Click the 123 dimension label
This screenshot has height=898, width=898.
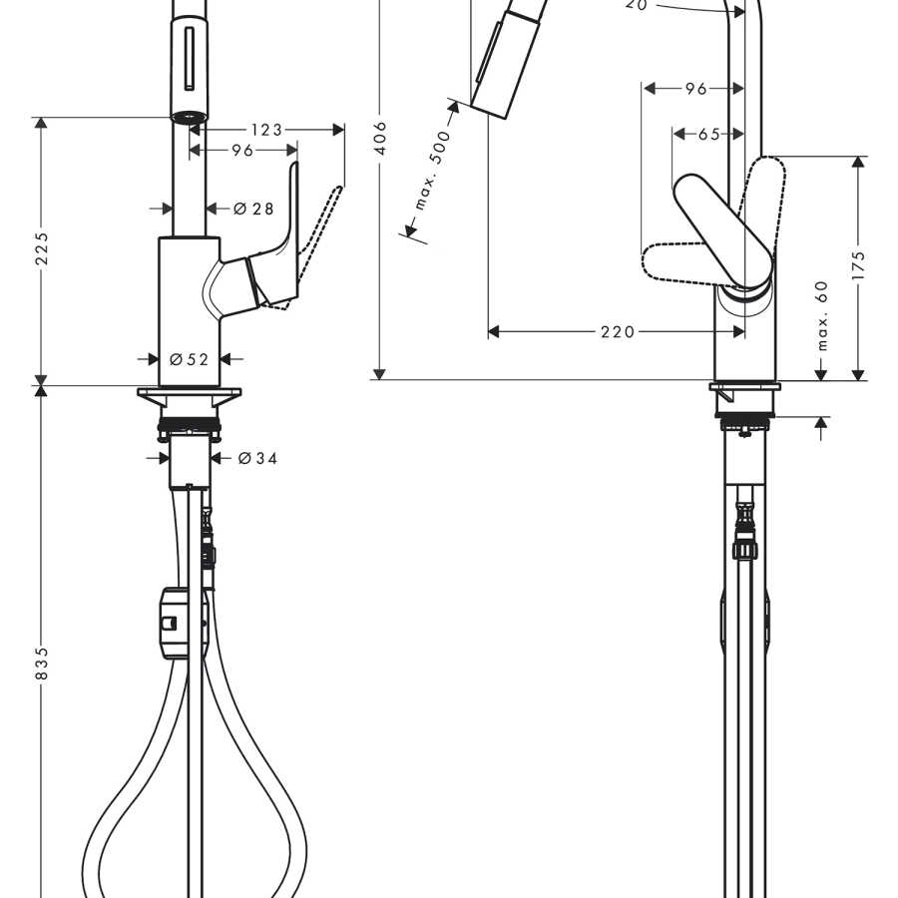266,130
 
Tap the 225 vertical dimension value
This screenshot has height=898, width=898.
42,249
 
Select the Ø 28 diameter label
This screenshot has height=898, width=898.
253,209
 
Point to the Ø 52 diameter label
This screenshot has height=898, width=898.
189,359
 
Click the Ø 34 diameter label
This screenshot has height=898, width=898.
257,458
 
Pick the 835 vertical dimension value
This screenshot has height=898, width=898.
42,664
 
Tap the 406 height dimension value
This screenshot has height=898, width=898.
380,138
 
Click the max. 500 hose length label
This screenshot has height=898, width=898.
433,171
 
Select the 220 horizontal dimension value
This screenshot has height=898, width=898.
618,331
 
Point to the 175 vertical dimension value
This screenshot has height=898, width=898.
858,265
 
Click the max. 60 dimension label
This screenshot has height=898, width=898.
822,315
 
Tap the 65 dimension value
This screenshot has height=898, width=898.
708,134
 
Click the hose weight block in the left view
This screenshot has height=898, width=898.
171,623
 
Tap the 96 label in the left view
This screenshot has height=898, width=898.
242,150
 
